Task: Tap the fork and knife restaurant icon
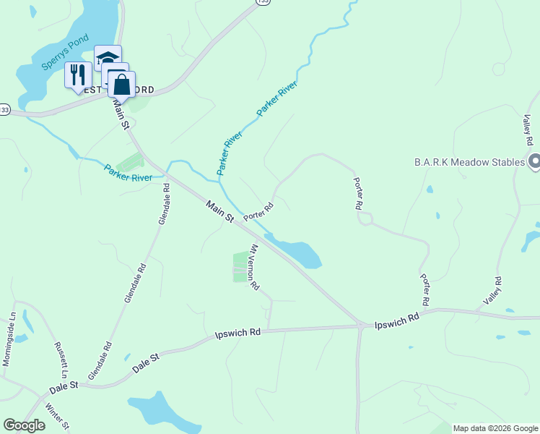77,75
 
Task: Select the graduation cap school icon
108,58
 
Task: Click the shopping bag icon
122,84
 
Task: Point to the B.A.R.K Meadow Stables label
469,162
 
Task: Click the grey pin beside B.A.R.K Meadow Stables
534,161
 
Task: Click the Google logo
24,425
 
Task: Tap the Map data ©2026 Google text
495,428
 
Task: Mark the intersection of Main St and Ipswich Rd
360,325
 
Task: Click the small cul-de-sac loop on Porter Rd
365,218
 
